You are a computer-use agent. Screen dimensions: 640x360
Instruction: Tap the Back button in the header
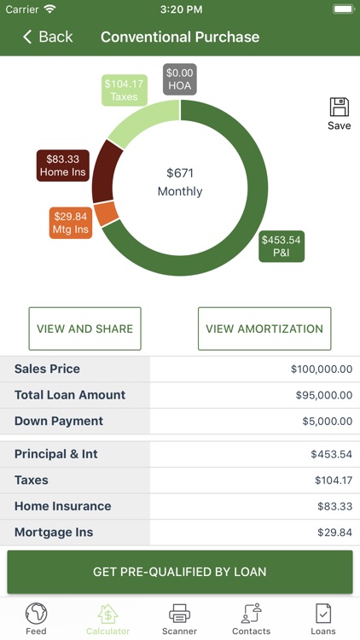(x=48, y=37)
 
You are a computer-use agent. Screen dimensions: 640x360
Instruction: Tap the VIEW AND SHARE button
(x=84, y=329)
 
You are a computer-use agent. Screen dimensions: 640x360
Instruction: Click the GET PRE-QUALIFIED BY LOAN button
(x=180, y=572)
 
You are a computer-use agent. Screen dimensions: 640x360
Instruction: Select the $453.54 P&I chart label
(x=281, y=246)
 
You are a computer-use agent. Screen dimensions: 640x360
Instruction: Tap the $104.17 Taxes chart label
(x=124, y=90)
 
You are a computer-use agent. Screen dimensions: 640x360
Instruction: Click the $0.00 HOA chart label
(x=180, y=79)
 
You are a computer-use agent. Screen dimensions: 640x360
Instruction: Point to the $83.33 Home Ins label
(x=63, y=166)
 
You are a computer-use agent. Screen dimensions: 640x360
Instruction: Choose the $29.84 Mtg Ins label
(x=71, y=222)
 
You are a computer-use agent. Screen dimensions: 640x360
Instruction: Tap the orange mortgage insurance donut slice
(x=107, y=213)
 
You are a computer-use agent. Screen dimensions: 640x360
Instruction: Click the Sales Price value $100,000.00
(x=321, y=369)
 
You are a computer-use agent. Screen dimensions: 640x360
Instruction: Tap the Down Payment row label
(x=59, y=421)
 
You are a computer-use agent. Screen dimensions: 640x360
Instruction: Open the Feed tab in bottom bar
(x=36, y=618)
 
